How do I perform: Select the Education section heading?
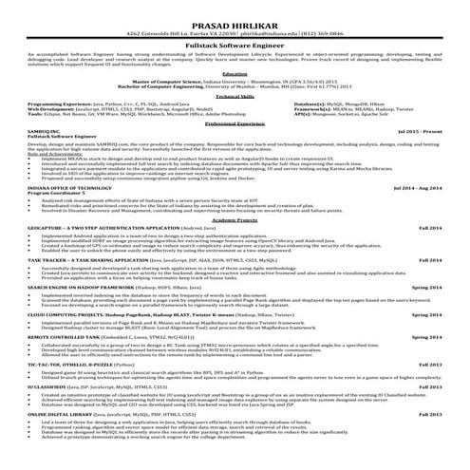point(235,72)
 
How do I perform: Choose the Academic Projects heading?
point(235,218)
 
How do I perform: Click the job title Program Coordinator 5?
point(57,194)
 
